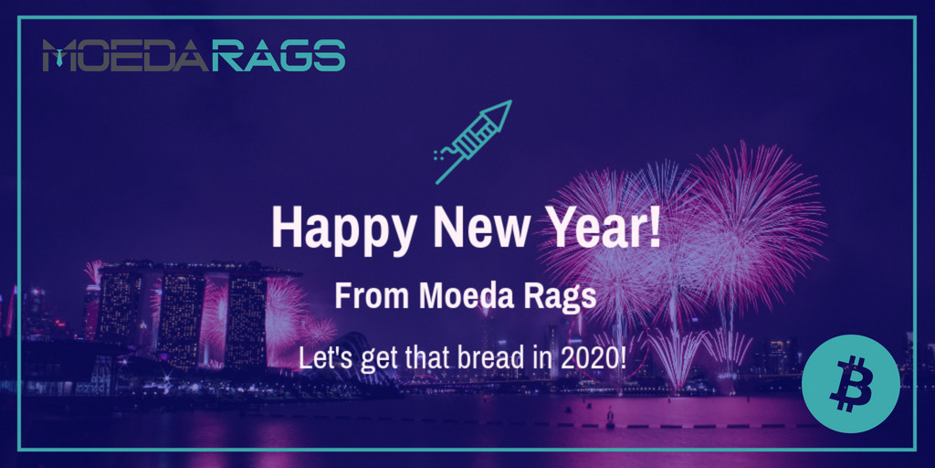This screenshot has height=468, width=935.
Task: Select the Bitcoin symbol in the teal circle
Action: pos(850,383)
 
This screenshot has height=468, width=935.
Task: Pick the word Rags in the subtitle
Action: pos(562,296)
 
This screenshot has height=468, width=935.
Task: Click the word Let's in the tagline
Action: pos(320,356)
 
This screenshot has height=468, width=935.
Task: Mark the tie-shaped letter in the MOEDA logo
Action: pos(60,57)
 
